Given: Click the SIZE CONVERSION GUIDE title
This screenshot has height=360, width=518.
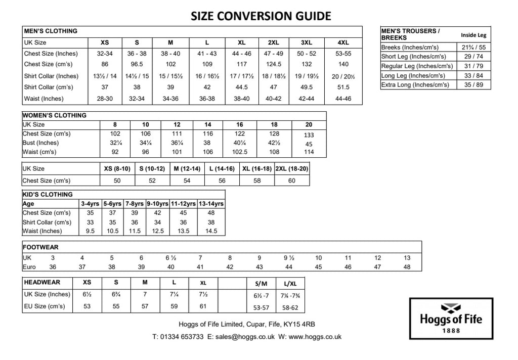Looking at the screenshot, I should (261, 16).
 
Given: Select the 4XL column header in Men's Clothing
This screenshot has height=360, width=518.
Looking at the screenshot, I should (343, 42).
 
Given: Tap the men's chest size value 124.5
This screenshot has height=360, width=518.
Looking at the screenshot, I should (274, 64).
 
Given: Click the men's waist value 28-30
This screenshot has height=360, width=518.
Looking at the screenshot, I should (105, 99).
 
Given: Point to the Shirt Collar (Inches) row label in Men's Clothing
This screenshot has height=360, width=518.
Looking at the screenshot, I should (52, 76).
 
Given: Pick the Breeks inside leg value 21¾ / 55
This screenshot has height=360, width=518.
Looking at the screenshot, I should (473, 47).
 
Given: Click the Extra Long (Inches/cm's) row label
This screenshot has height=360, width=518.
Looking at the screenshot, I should (415, 85).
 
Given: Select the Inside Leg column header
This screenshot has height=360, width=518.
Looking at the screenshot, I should (473, 35).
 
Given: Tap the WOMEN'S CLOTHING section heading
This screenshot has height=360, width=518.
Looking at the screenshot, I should (55, 115).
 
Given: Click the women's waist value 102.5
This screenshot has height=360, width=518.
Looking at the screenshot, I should (240, 152).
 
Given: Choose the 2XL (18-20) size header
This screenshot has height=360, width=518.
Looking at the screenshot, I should (292, 168).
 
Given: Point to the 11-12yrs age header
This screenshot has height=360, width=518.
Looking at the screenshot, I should (183, 204).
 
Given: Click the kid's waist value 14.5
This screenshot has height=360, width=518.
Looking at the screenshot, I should (211, 231).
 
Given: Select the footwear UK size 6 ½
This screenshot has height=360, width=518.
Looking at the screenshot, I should (171, 258).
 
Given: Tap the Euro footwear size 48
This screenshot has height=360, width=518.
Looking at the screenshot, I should (407, 267).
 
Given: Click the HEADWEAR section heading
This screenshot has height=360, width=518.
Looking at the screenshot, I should (42, 283).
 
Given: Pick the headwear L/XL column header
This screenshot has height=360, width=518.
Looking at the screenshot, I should (290, 284).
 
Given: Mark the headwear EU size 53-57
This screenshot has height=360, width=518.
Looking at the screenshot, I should (261, 307).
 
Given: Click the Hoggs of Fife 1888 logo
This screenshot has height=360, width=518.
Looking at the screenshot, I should (451, 318).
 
